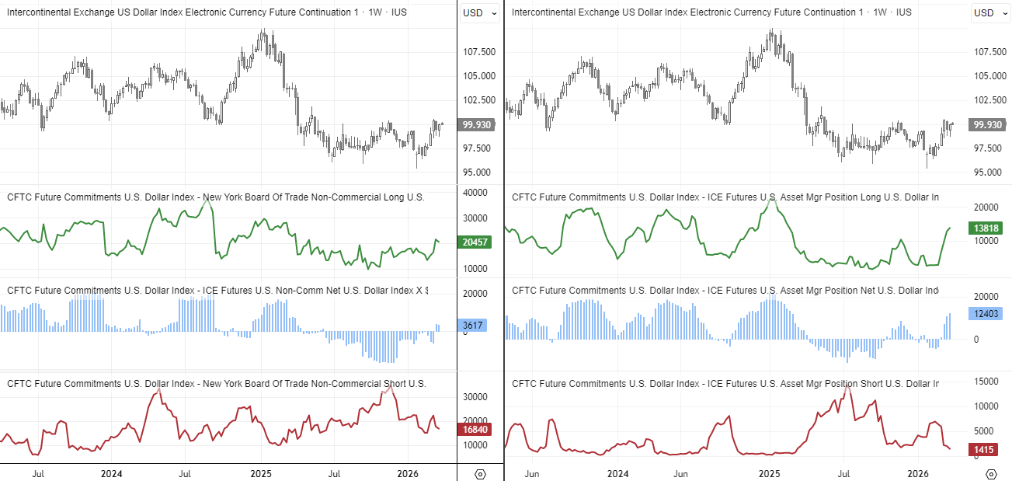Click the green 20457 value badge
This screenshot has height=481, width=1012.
point(474,242)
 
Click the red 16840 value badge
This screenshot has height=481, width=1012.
point(474,429)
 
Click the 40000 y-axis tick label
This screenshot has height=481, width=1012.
point(474,193)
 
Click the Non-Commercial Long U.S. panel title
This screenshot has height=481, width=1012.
point(216,197)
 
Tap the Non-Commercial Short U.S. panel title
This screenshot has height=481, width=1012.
point(216,384)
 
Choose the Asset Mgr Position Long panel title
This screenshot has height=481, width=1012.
point(725,197)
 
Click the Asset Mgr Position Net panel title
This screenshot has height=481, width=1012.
point(725,291)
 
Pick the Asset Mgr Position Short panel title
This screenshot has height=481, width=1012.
point(725,384)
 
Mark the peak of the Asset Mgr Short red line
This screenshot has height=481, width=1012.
point(847,386)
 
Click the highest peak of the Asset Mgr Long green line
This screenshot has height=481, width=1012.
point(770,200)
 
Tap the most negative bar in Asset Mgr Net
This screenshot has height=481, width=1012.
point(847,361)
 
